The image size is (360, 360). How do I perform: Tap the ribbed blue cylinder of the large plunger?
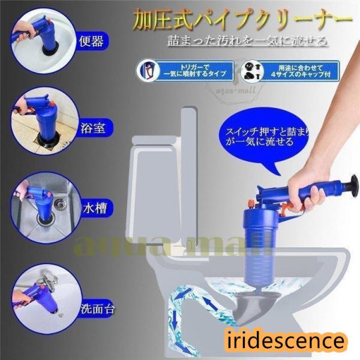(257, 245)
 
